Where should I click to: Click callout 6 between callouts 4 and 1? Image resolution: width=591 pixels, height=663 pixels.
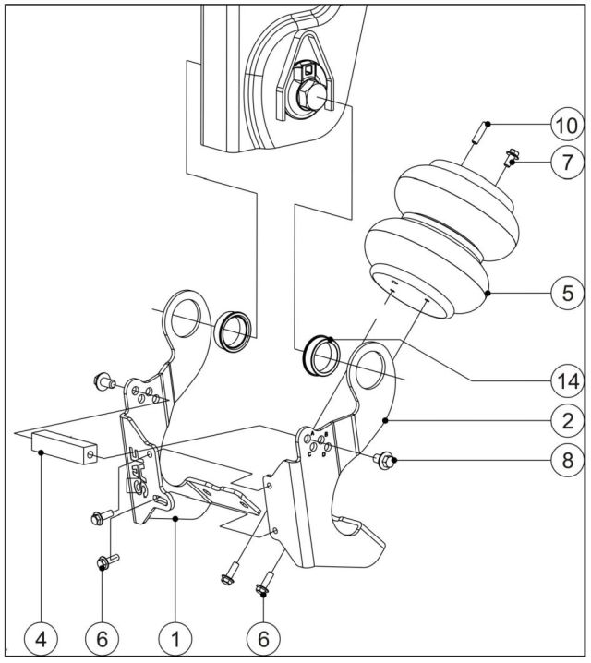pyautogui.click(x=103, y=636)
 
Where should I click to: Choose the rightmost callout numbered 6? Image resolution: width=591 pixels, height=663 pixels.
pyautogui.click(x=263, y=636)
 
